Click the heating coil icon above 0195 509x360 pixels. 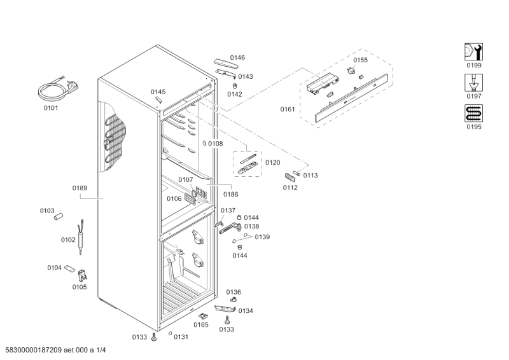[x=473, y=113]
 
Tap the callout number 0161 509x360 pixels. [x=288, y=109]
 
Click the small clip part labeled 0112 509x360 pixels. [x=292, y=178]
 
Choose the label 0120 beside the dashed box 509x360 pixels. [x=272, y=163]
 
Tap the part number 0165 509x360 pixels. [x=201, y=325]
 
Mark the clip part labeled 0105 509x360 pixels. [x=83, y=275]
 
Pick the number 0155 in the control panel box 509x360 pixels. [x=360, y=60]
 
